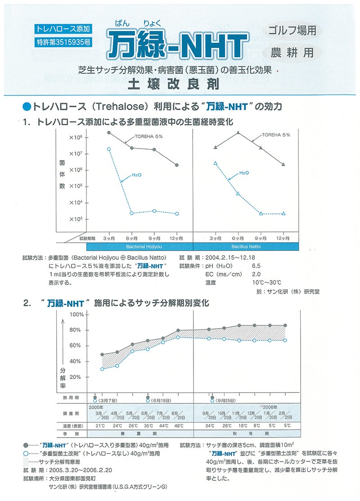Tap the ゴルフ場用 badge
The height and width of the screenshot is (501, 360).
[292, 31]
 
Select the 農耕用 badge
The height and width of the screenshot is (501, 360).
[292, 52]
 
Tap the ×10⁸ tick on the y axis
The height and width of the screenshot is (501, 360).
[75, 137]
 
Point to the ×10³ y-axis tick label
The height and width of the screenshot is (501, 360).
[75, 219]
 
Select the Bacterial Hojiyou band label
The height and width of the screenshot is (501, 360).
[139, 247]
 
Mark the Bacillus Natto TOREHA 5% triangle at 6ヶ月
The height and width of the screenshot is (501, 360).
[238, 133]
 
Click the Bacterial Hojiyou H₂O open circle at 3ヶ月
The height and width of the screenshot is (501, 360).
[109, 149]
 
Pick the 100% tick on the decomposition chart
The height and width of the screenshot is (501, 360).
[76, 314]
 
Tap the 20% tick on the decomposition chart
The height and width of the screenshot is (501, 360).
[76, 377]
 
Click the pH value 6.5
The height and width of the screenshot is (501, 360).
[256, 266]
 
